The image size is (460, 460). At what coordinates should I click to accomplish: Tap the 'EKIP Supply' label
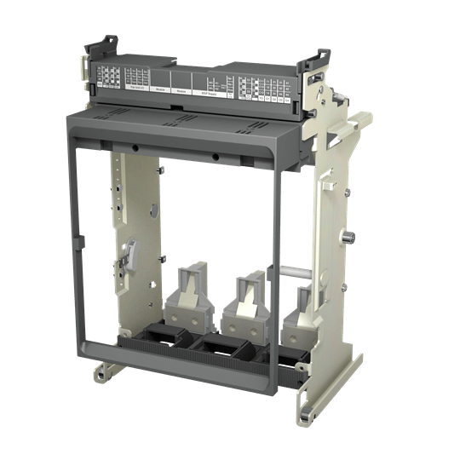point(208,95)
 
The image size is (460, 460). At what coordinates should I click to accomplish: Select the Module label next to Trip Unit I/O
point(161,89)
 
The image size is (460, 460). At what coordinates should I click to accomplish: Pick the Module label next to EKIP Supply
point(181,92)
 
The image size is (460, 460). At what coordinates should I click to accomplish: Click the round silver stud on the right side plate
point(348,235)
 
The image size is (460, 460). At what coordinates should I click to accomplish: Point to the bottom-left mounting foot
point(105,371)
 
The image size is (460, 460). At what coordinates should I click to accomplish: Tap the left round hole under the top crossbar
point(135,148)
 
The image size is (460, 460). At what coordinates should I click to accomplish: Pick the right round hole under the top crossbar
point(216,158)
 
